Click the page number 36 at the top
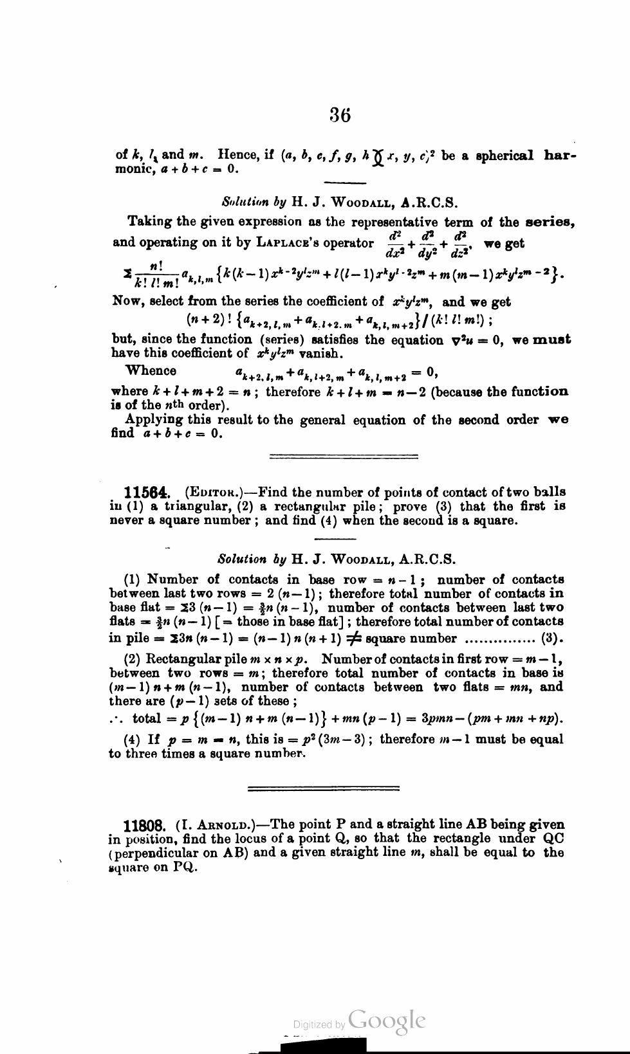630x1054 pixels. click(x=340, y=115)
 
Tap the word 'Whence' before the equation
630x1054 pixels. click(x=152, y=371)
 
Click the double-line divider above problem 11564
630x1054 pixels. click(x=343, y=457)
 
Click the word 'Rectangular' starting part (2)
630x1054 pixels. click(x=178, y=659)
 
